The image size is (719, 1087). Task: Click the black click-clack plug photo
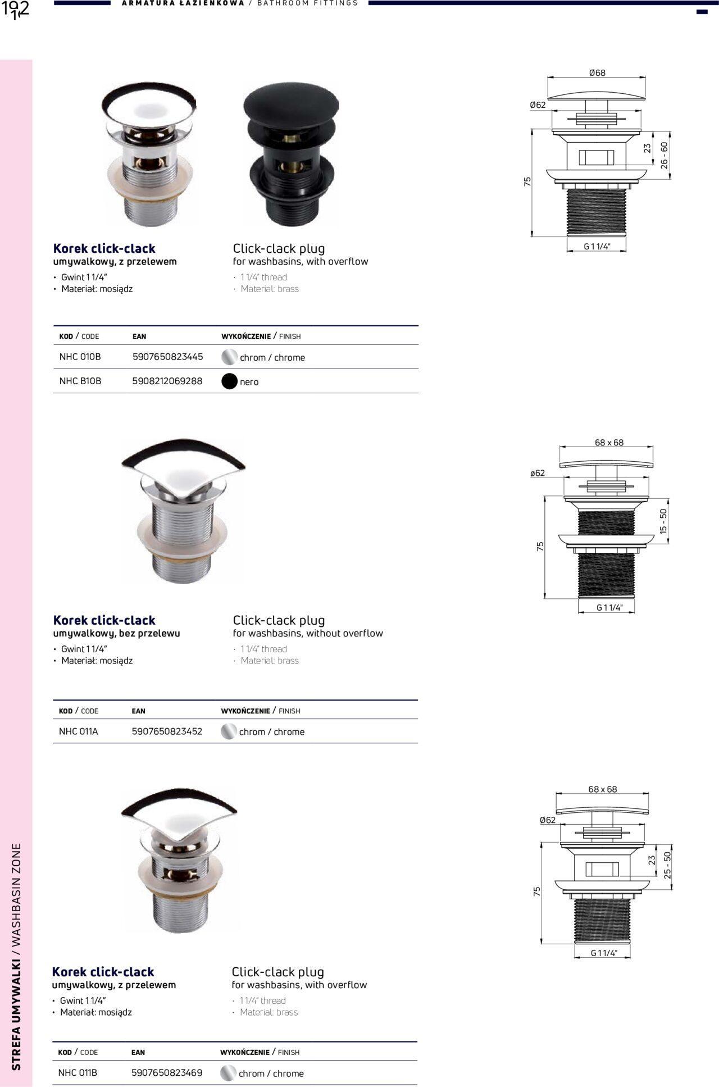click(x=291, y=153)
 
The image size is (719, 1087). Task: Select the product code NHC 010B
click(x=80, y=357)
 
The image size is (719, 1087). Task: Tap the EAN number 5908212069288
click(x=167, y=381)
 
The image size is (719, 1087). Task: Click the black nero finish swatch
click(x=230, y=381)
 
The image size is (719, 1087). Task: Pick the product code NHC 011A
click(x=79, y=731)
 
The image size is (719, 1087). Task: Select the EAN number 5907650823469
click(x=167, y=1072)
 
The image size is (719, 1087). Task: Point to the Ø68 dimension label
click(x=597, y=73)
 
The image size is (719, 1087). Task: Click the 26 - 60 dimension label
click(x=665, y=155)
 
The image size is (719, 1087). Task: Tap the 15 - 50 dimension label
click(x=663, y=521)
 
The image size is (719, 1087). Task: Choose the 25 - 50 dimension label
click(x=667, y=865)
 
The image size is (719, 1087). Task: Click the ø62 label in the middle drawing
click(x=538, y=473)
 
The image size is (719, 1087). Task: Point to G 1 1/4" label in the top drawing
click(x=597, y=247)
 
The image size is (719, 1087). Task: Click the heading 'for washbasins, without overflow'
click(x=308, y=633)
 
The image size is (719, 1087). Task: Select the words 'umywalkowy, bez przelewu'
click(x=117, y=633)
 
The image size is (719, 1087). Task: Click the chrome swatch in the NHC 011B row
click(x=229, y=1073)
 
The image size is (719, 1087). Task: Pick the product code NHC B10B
click(x=80, y=381)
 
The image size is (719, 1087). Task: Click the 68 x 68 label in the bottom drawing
click(x=603, y=789)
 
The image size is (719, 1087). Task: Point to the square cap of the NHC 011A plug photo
click(x=183, y=465)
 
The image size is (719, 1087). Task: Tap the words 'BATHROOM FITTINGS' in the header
click(x=307, y=3)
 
